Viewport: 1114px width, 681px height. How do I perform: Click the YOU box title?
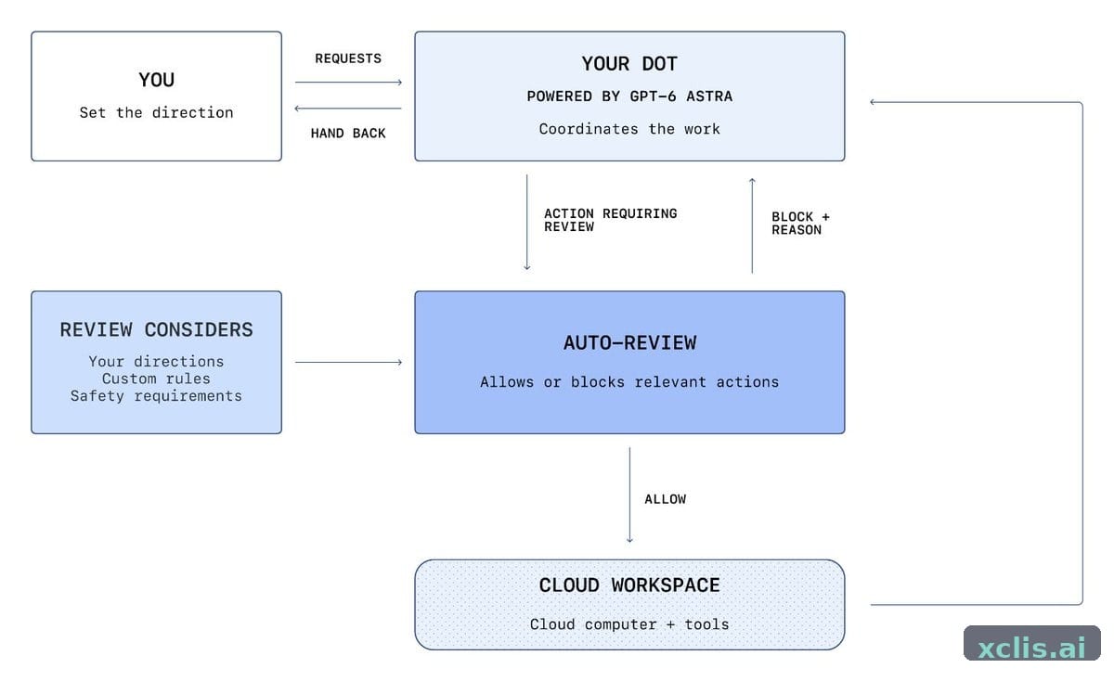point(157,80)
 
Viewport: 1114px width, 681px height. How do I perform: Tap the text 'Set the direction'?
point(157,113)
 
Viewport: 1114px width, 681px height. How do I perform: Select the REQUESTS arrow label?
point(348,58)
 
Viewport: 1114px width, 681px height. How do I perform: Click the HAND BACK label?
point(348,134)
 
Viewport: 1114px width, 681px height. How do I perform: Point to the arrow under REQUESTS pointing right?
point(348,82)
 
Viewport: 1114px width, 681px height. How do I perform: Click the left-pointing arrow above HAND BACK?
point(348,109)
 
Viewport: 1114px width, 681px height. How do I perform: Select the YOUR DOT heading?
point(629,64)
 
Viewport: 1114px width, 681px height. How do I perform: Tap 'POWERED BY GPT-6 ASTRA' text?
point(629,96)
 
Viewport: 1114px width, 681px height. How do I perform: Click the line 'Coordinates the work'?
point(629,129)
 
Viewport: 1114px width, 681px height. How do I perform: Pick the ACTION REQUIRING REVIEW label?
point(610,220)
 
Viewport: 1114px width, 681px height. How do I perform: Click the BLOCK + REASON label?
point(800,224)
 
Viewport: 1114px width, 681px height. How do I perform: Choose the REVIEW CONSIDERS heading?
point(157,329)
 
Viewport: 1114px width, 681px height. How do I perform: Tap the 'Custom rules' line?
point(157,379)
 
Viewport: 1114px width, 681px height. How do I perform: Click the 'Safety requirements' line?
point(157,396)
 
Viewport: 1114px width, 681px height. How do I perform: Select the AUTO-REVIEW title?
point(629,343)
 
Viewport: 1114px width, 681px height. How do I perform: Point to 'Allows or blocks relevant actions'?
point(629,382)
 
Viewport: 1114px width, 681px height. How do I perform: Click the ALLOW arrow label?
point(666,499)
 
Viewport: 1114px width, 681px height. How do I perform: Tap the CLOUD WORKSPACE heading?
point(629,585)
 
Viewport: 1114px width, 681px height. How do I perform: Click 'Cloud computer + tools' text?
point(629,624)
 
